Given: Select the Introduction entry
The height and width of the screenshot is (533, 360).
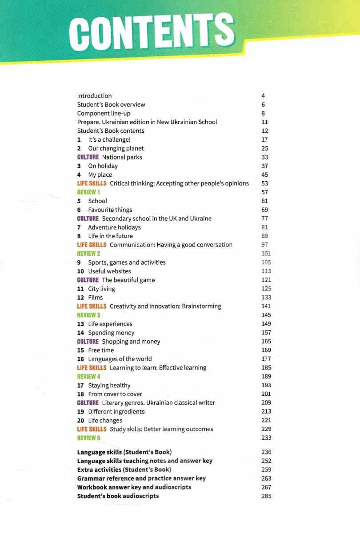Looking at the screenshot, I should (94, 95).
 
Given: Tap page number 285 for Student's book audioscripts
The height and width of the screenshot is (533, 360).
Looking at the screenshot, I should (266, 496).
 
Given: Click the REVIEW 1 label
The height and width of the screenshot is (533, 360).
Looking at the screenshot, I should (88, 192).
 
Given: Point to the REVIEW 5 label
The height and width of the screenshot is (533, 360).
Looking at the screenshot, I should (88, 438).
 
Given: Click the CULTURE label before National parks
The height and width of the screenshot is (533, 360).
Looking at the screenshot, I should (88, 157).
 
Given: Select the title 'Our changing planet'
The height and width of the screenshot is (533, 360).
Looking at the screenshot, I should (116, 148).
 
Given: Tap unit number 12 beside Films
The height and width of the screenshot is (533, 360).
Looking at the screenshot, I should (80, 297).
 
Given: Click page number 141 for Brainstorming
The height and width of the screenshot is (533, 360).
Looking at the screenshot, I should (266, 306).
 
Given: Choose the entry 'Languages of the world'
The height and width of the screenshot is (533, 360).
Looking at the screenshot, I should (120, 359).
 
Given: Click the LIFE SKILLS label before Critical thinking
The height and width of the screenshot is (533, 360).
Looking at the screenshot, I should (92, 183).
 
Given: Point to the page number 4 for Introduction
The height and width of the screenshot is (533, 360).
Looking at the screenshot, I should (263, 95).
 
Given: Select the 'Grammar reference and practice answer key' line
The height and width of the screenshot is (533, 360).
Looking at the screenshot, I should (141, 478).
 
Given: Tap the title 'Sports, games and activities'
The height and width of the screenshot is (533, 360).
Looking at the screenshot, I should (127, 262).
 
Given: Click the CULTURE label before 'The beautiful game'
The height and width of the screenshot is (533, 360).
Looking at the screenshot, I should (88, 280).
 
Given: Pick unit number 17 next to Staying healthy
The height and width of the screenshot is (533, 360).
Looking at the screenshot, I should (80, 385).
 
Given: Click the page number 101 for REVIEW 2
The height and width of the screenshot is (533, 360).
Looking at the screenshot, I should (266, 253).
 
